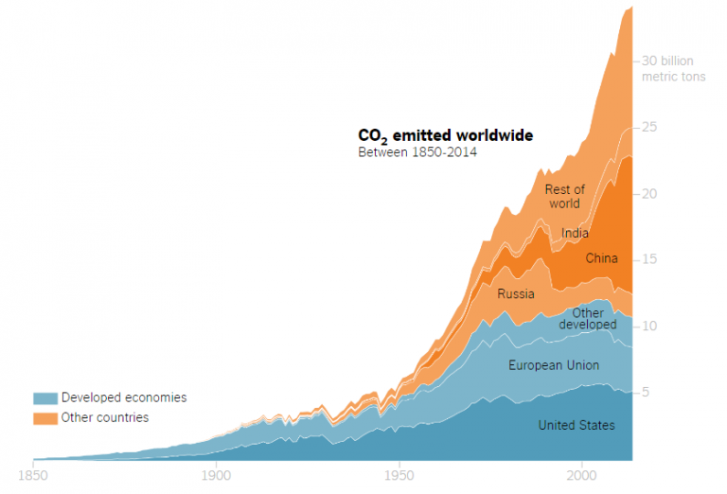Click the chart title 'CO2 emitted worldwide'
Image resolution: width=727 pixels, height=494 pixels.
(x=445, y=136)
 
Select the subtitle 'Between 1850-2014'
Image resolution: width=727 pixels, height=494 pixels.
(x=417, y=152)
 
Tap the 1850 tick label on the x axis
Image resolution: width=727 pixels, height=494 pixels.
(x=33, y=475)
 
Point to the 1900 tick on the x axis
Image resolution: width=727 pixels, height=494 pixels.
(x=216, y=475)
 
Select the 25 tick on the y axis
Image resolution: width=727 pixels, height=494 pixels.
(x=650, y=127)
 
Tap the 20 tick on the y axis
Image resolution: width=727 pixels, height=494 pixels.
(x=650, y=193)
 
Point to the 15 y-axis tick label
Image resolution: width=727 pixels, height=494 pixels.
(x=650, y=259)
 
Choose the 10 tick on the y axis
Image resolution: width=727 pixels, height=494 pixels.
(x=650, y=326)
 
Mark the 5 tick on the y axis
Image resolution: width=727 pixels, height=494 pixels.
(x=647, y=392)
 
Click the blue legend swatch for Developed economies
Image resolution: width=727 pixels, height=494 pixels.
(x=44, y=398)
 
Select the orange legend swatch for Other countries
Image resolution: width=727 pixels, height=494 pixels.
(x=44, y=417)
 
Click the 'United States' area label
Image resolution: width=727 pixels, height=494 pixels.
(x=576, y=425)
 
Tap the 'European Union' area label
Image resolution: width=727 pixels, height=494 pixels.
(x=554, y=365)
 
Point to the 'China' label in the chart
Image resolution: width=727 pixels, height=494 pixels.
(x=601, y=258)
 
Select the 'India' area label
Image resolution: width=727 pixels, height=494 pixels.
(x=575, y=233)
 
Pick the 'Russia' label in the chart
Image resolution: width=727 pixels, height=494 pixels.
(x=516, y=293)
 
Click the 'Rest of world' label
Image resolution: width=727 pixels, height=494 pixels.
(x=564, y=197)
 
